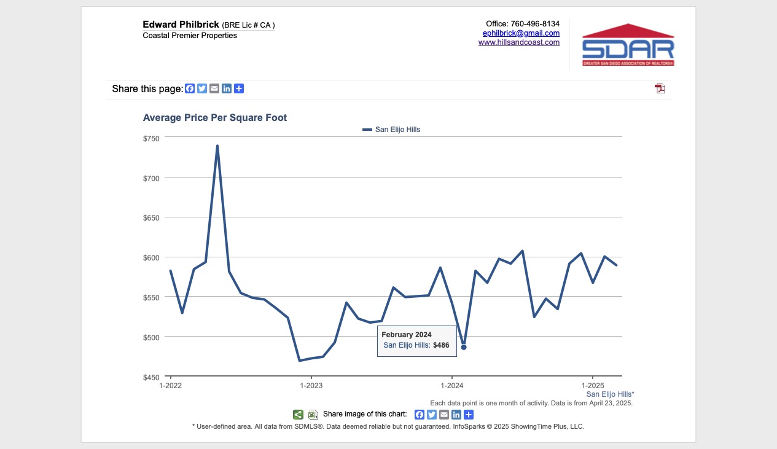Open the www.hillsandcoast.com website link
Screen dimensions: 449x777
pos(519,42)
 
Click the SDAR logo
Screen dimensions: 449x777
pos(628,45)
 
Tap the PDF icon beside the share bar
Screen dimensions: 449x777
pos(660,88)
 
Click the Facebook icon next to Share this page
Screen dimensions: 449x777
pos(190,88)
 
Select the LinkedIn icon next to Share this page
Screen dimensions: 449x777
pos(227,88)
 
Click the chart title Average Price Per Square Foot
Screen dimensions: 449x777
pos(214,117)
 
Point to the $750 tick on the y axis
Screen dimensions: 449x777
pos(151,138)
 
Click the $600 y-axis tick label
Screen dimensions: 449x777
pos(151,257)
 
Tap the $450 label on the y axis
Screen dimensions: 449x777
pos(151,377)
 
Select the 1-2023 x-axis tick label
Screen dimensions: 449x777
pos(311,385)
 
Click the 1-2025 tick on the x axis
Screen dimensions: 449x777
pos(592,385)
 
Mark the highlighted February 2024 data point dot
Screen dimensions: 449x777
pos(464,347)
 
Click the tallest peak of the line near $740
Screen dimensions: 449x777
pos(217,146)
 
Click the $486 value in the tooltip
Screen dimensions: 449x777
pos(441,345)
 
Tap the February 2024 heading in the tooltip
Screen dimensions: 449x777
pos(407,335)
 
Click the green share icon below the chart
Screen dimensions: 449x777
pos(298,415)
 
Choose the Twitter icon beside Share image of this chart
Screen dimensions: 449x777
pos(432,415)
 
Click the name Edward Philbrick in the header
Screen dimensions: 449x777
pos(181,25)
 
